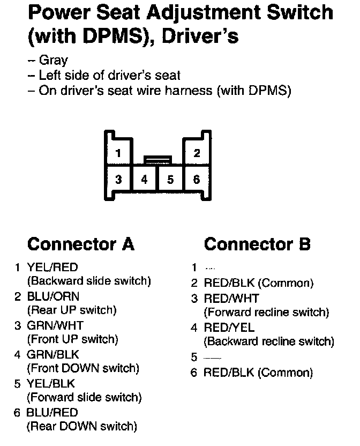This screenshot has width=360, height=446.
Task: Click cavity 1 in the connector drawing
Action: click(x=118, y=153)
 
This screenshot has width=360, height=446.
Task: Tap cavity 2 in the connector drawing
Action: click(x=197, y=153)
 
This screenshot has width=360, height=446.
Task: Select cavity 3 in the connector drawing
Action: click(x=118, y=180)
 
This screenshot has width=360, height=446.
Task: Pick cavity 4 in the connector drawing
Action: click(x=145, y=180)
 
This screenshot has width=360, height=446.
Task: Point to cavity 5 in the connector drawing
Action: click(x=170, y=180)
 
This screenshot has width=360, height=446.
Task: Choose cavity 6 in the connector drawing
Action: click(x=197, y=180)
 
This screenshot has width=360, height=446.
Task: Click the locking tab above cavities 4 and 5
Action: click(x=157, y=159)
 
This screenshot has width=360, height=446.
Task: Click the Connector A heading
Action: click(x=80, y=244)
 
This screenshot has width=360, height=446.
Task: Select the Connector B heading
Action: click(x=257, y=244)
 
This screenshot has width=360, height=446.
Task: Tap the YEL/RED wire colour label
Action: click(x=52, y=267)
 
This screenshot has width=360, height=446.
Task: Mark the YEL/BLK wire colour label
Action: click(x=51, y=384)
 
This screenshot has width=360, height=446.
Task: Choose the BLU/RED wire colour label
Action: click(x=52, y=413)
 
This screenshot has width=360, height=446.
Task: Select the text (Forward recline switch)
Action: click(x=266, y=312)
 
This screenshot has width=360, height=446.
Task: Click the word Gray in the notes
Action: click(x=54, y=61)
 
